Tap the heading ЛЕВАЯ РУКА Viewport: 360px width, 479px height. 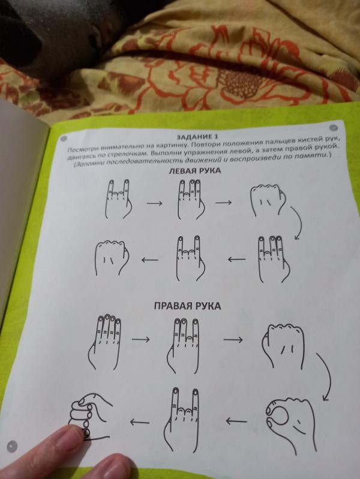[194, 170]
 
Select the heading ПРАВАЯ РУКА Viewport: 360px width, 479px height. [187, 306]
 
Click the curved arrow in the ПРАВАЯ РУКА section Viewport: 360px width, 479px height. [325, 377]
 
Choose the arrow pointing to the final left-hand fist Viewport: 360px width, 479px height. [150, 260]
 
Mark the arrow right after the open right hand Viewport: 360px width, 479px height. [140, 339]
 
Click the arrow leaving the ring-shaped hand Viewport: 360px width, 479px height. [236, 421]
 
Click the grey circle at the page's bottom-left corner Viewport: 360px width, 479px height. [11, 446]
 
